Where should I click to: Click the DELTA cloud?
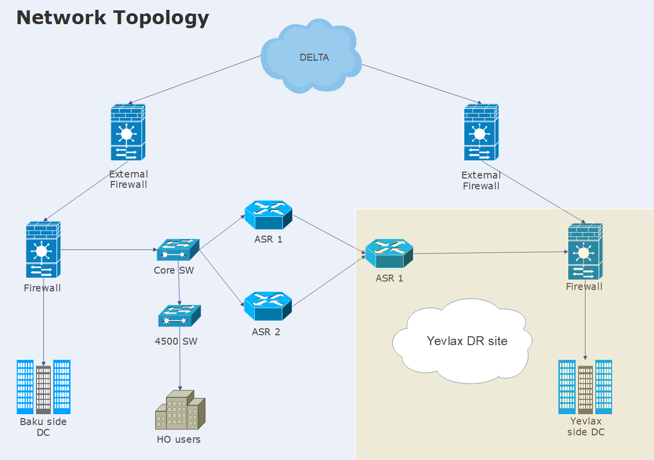(x=311, y=57)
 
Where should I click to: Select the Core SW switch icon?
(x=178, y=250)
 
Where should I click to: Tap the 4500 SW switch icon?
(x=179, y=316)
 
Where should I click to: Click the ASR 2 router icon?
(x=268, y=306)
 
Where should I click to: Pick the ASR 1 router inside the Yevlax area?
(x=389, y=253)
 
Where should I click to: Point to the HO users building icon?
(x=180, y=410)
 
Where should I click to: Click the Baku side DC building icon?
(x=43, y=387)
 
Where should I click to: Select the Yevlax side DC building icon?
(x=585, y=387)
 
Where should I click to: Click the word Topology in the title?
(x=162, y=17)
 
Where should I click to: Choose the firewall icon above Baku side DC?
(x=43, y=249)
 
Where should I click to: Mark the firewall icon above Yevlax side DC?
(x=585, y=251)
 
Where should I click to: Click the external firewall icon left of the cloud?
(x=128, y=132)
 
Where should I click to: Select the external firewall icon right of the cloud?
(x=481, y=132)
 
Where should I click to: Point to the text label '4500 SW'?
(x=176, y=341)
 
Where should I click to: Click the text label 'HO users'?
(x=178, y=439)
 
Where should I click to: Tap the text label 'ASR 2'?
(x=266, y=332)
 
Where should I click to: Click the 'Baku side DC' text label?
(x=43, y=427)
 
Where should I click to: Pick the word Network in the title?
(x=62, y=17)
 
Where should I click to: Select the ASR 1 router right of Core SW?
(x=269, y=215)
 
